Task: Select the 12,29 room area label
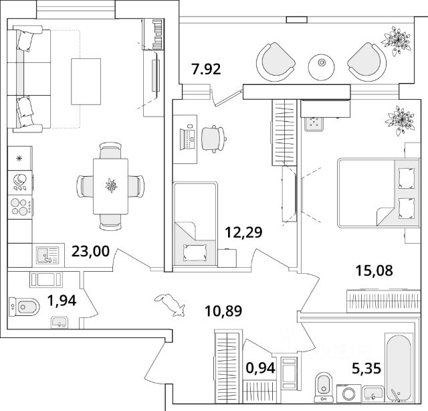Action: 243,232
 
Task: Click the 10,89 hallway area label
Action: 223,310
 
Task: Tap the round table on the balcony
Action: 321,65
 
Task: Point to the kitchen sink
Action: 47,254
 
